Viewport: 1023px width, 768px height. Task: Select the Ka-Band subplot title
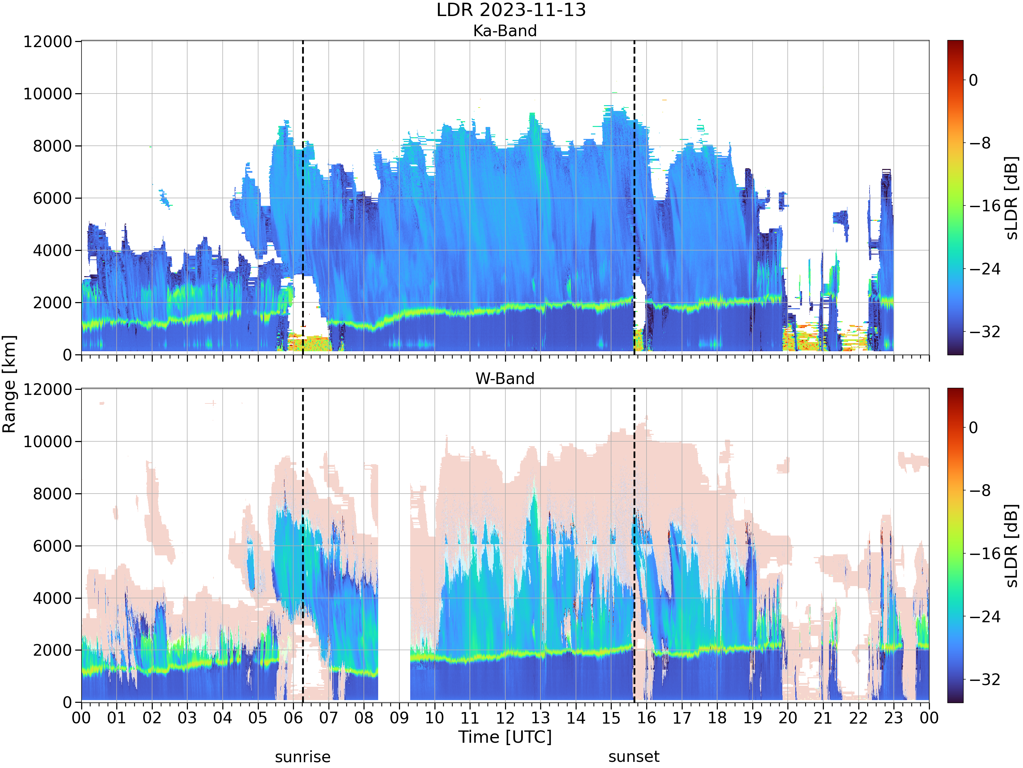coord(505,31)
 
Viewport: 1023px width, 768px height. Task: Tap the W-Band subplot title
coord(505,379)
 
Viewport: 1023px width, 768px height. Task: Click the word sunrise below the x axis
coord(303,757)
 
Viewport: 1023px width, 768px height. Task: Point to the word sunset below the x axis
coord(634,757)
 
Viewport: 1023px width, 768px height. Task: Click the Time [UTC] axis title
coord(505,737)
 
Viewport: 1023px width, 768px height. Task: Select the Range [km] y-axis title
coord(9,384)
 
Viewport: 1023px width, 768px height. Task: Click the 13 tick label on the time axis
coord(540,718)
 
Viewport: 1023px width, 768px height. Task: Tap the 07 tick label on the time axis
coord(329,718)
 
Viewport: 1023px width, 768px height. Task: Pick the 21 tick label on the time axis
coord(823,718)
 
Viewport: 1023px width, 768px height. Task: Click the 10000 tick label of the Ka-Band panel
coord(48,94)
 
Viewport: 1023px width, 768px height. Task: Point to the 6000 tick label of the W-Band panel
coord(53,546)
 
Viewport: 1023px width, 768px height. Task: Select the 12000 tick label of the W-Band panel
coord(48,389)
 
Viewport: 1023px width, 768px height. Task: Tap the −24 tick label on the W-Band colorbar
coord(984,617)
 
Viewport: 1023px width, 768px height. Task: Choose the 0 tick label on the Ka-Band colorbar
coord(974,80)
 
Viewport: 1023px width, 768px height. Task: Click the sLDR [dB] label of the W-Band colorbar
coord(1012,546)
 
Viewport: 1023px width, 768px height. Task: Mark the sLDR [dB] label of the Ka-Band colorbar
coord(1012,198)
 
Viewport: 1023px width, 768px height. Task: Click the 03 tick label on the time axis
coord(187,718)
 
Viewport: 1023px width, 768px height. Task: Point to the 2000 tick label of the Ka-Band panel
coord(53,303)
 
